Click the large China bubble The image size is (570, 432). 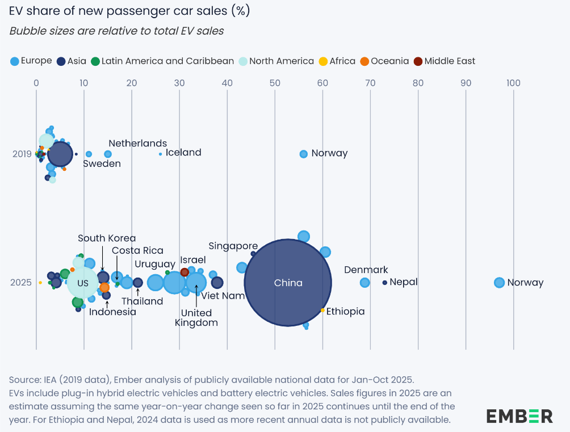coord(288,282)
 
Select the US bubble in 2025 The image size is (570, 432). coord(83,283)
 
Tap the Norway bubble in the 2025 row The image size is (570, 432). coord(499,282)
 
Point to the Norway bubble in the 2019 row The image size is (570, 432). coord(303,154)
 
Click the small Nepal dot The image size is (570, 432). coord(385,282)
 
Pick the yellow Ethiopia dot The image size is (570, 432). coord(322,310)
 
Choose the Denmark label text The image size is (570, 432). coord(366,270)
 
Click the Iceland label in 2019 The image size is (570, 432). coord(183,153)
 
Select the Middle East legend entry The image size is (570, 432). coord(445,61)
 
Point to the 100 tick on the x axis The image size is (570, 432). coord(513,83)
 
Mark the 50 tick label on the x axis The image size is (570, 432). coord(275,83)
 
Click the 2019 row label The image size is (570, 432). coord(22,154)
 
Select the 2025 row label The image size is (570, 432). coord(21,282)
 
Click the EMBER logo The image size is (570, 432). coord(519,416)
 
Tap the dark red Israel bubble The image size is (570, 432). coord(185,272)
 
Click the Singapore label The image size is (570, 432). coord(233,246)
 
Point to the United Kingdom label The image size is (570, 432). coord(196,318)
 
